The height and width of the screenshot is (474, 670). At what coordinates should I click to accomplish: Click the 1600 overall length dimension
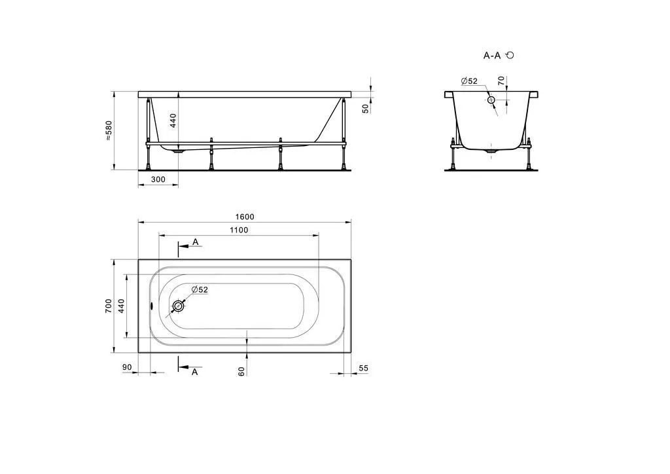tap(245, 217)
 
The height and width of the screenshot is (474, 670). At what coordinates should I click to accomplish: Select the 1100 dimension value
tap(239, 230)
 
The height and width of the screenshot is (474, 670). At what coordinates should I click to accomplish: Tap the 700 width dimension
tap(109, 306)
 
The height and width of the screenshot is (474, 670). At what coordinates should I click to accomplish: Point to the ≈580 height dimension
tap(109, 131)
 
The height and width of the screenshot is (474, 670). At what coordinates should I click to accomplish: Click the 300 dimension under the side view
tap(158, 179)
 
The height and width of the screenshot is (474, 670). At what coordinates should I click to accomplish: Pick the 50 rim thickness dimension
tap(365, 109)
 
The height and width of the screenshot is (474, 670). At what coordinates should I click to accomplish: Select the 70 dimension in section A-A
tap(501, 81)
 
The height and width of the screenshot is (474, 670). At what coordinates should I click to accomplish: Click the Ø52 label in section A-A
tap(469, 81)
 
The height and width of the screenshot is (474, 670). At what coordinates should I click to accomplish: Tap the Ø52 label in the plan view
tap(200, 289)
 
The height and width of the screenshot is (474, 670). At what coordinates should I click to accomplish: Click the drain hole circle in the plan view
tap(178, 306)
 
